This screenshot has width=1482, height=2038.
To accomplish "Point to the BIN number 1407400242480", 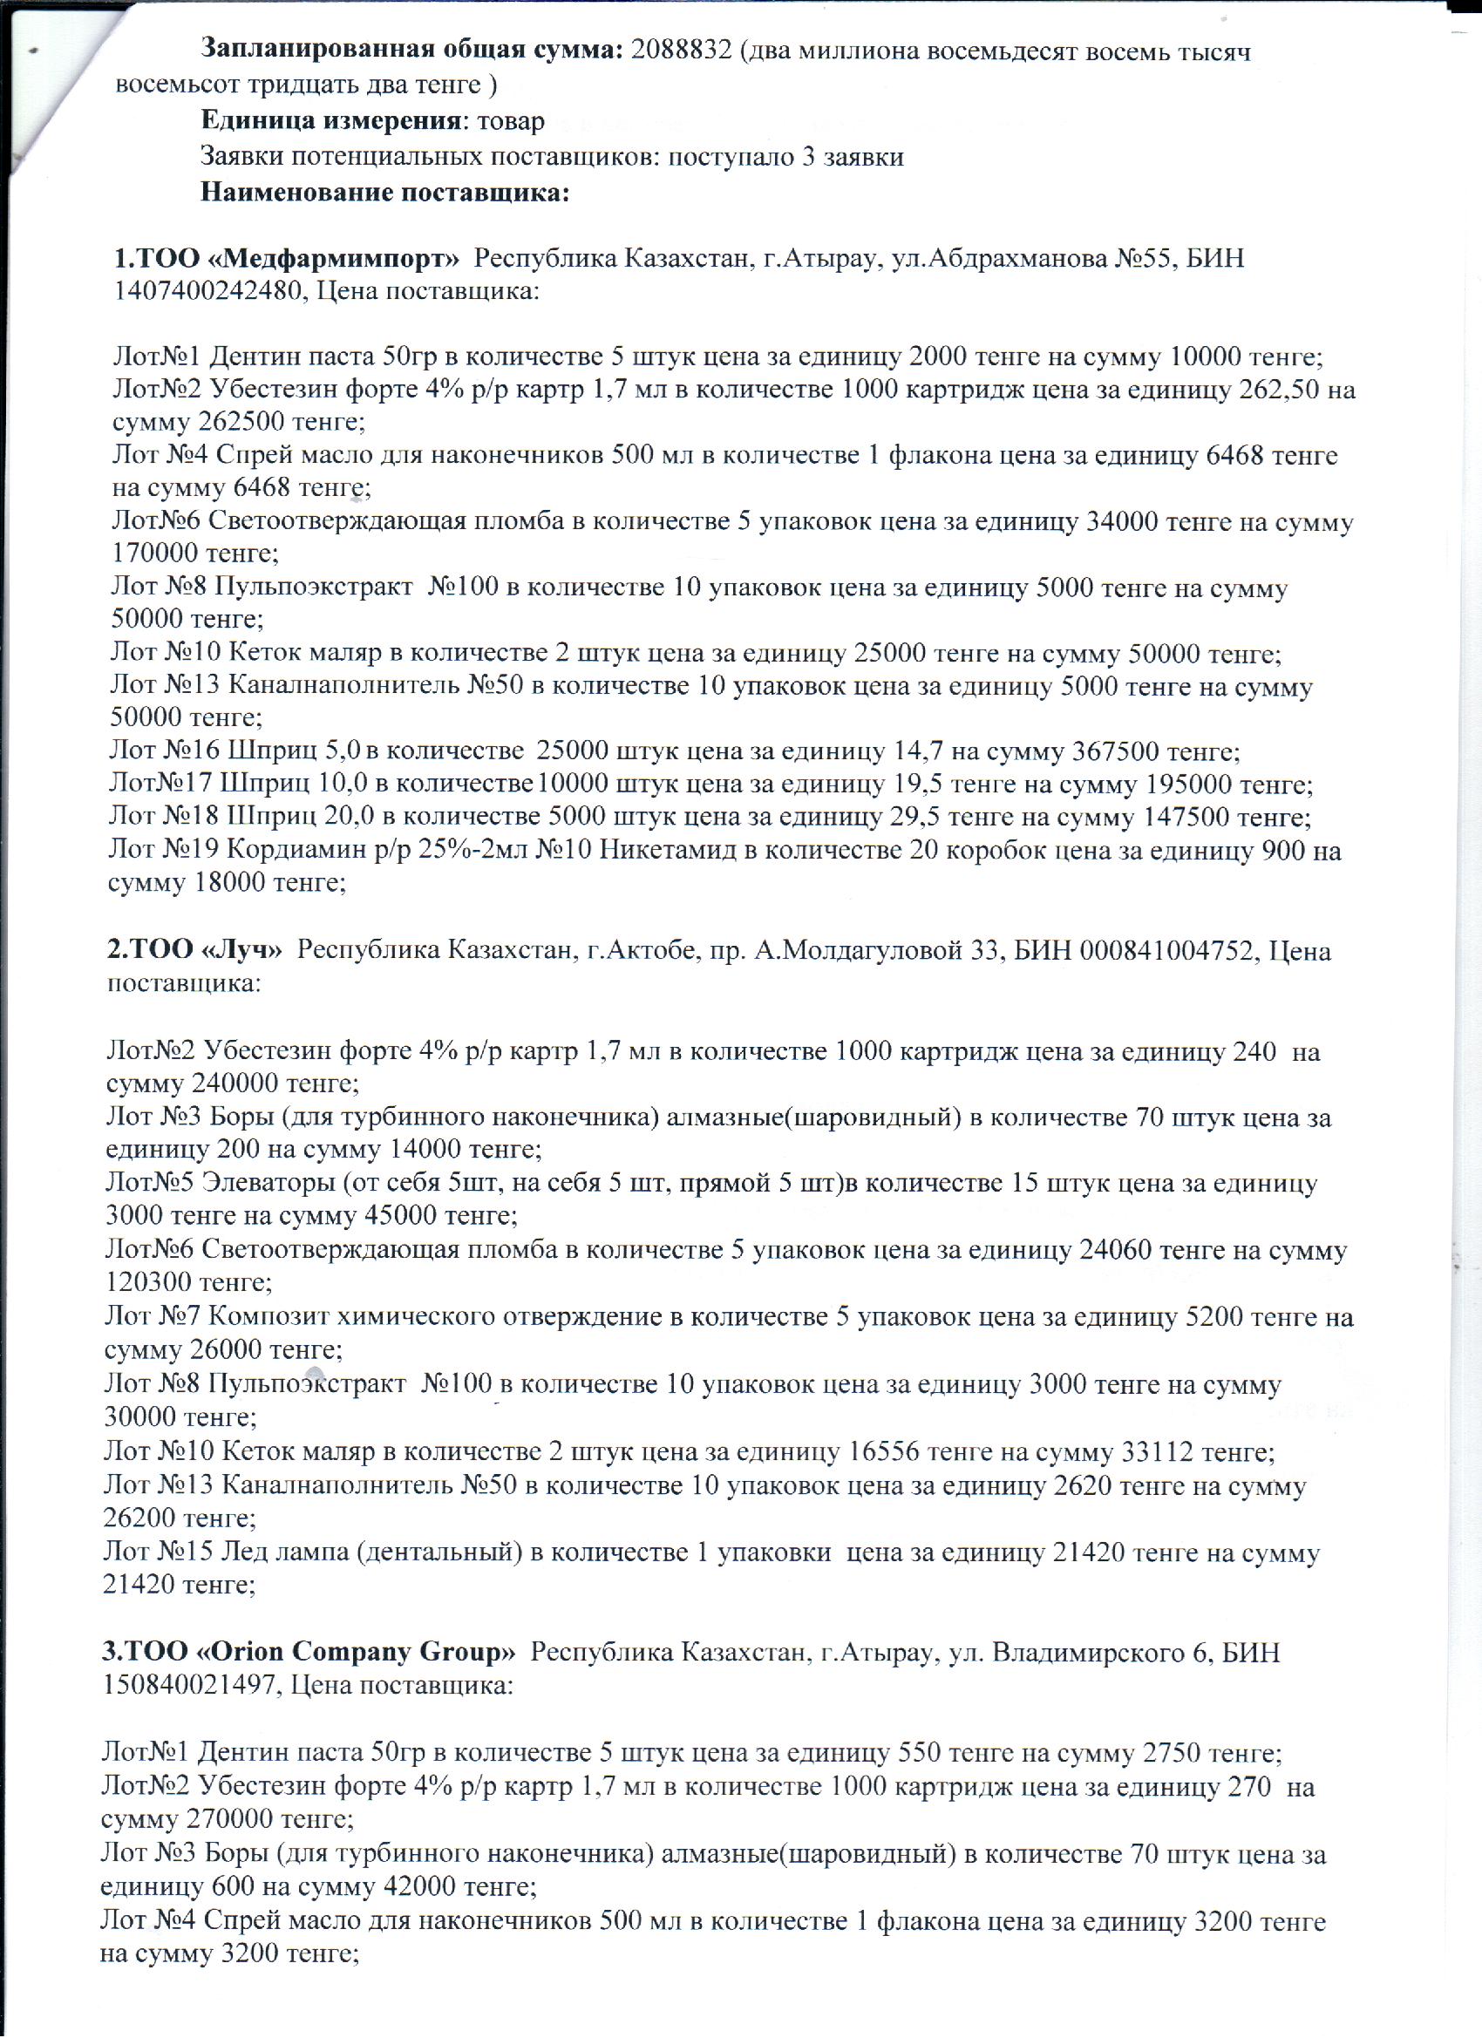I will pos(211,292).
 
